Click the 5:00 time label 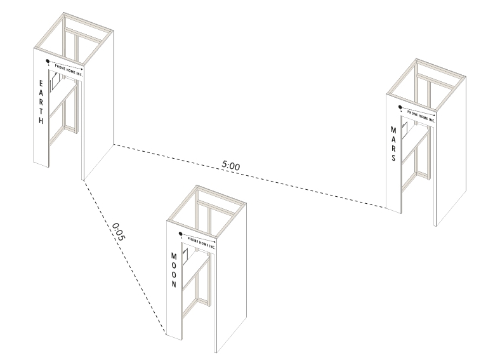tap(230, 166)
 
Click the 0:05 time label tap(119, 232)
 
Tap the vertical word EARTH tap(41, 102)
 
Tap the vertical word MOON tap(174, 270)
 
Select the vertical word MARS tap(393, 143)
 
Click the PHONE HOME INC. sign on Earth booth tap(69, 70)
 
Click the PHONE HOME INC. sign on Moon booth tap(201, 243)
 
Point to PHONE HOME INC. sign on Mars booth tap(421, 116)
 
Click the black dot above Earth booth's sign tap(48, 61)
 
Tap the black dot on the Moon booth tap(180, 234)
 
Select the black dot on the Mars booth tap(400, 107)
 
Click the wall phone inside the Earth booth tap(55, 81)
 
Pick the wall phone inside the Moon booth tap(185, 257)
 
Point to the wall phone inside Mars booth tap(404, 130)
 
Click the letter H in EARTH tap(41, 121)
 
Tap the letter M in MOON tap(174, 256)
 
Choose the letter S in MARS tap(394, 158)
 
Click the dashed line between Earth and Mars tap(250, 177)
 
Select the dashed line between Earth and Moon tap(125, 258)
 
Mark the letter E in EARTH tap(41, 83)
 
